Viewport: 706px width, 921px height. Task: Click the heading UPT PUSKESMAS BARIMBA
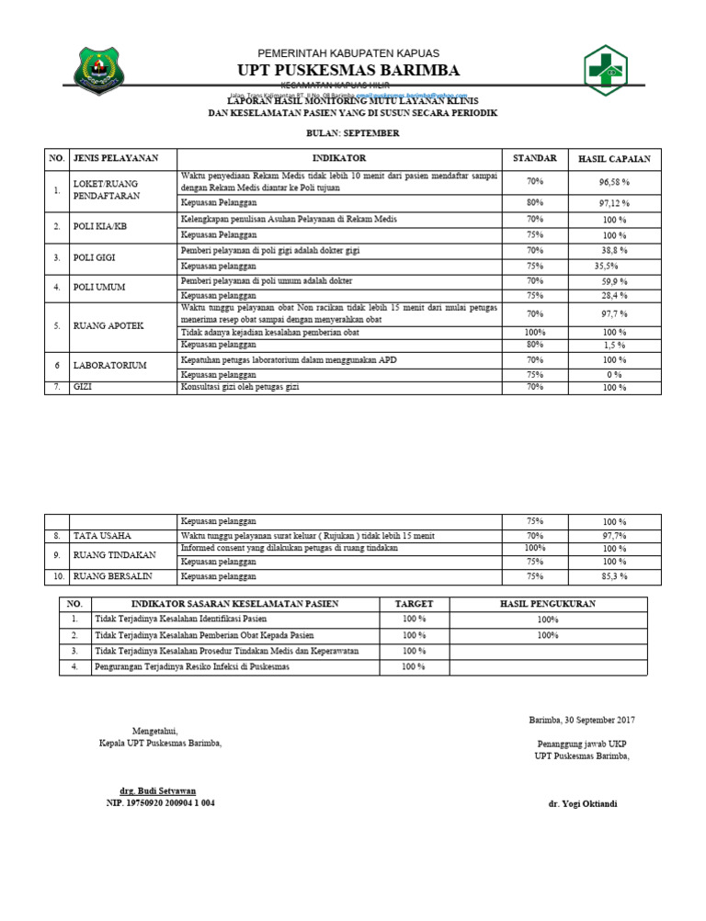click(348, 71)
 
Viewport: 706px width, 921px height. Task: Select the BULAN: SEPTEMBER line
click(353, 133)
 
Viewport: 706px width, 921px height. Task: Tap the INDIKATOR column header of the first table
click(338, 159)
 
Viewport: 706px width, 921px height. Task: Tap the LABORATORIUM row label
click(109, 366)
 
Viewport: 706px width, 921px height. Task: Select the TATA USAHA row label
click(102, 535)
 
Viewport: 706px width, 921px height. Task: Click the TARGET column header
click(414, 604)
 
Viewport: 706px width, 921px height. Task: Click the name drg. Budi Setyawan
click(157, 790)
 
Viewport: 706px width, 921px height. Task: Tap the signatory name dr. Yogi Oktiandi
click(582, 803)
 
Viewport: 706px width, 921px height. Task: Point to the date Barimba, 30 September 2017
click(581, 720)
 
